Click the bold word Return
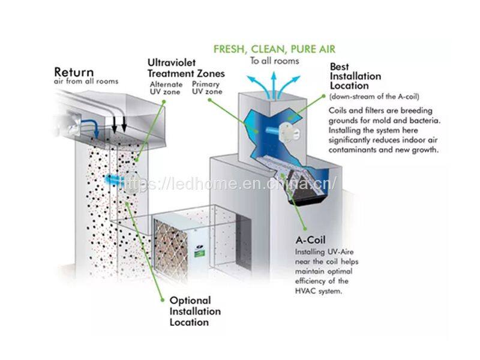pyautogui.click(x=74, y=72)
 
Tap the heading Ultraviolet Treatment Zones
pyautogui.click(x=187, y=68)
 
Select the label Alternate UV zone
pyautogui.click(x=166, y=88)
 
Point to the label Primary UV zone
pyautogui.click(x=206, y=88)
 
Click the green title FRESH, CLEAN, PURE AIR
pyautogui.click(x=274, y=49)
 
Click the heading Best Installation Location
pyautogui.click(x=355, y=77)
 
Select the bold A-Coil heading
pyautogui.click(x=311, y=239)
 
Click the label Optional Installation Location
pyautogui.click(x=195, y=311)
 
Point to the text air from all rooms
pyautogui.click(x=86, y=81)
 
